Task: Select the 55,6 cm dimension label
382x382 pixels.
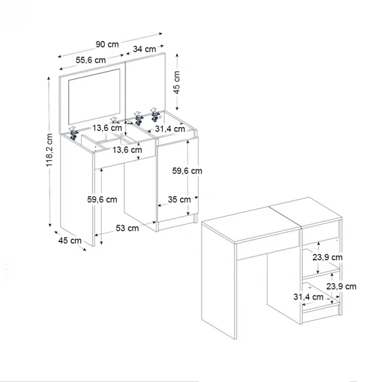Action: [91, 60]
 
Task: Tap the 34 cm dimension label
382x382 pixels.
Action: [145, 49]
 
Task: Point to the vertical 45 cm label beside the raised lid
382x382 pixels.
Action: [177, 81]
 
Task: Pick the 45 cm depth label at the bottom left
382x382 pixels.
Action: [69, 240]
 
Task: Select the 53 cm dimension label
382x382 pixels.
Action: [128, 228]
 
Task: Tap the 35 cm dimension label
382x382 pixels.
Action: [178, 199]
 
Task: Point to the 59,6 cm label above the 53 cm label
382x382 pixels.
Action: [102, 199]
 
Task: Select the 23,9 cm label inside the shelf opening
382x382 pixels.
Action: [327, 257]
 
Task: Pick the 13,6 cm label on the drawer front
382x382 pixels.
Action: [128, 150]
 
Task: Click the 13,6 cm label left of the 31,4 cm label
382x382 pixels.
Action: [108, 128]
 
